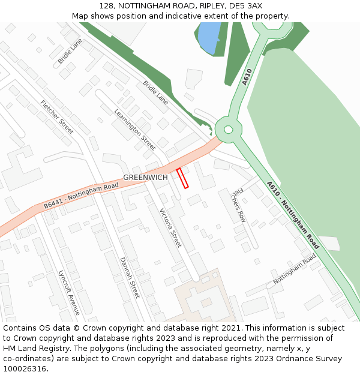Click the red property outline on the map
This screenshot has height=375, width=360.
click(182, 178)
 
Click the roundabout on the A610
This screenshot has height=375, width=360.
click(228, 129)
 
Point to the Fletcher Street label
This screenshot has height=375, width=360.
click(57, 116)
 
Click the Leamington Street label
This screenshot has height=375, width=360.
click(134, 129)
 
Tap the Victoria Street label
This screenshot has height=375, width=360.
click(170, 228)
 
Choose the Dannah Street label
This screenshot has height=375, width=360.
click(130, 277)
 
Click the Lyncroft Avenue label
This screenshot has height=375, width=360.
click(69, 292)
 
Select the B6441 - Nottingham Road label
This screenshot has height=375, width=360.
click(81, 196)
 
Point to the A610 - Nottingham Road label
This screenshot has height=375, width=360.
click(293, 215)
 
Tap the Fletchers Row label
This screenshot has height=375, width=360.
click(239, 205)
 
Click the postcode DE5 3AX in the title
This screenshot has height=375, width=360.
click(246, 5)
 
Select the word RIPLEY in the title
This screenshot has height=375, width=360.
click(202, 5)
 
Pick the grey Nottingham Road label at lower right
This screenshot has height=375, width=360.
click(295, 269)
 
